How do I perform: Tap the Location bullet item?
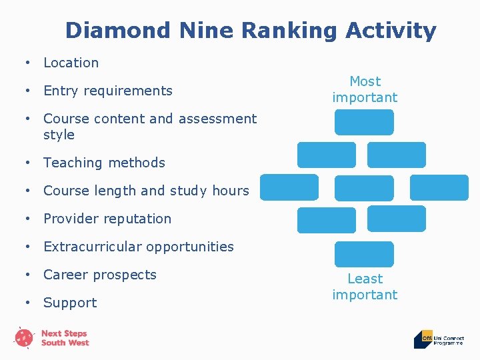pos(71,63)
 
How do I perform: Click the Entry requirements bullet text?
pos(107,91)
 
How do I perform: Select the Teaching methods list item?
pos(104,163)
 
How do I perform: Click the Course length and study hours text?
pos(146,191)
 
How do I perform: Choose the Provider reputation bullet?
pos(107,219)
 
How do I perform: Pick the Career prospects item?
pos(100,275)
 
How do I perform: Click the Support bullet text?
pos(70,303)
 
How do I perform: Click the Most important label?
pos(365,89)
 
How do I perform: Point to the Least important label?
pos(365,287)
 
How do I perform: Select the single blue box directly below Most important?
pos(364,123)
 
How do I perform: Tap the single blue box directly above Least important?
pos(364,254)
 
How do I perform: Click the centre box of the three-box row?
pos(364,188)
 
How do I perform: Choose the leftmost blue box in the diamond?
pos(289,188)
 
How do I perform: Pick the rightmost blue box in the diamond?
pos(439,188)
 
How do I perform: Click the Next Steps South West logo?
pos(52,337)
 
